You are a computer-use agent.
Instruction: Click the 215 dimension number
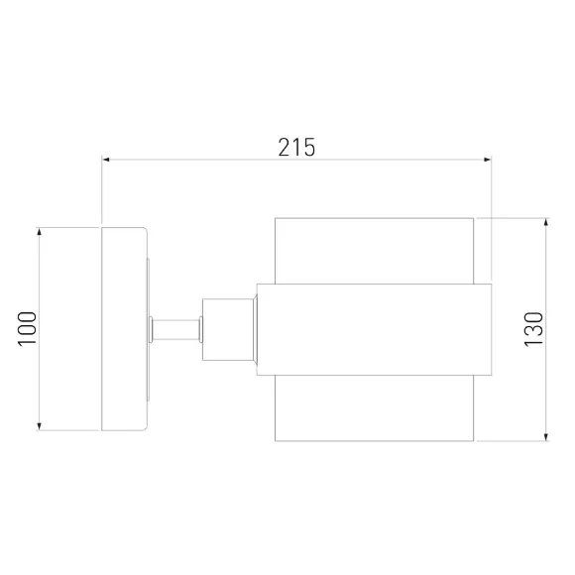pos(296,147)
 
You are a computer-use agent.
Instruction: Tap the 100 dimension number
pos(27,328)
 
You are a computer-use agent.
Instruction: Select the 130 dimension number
pos(533,329)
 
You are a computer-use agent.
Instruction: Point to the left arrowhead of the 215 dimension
pos(106,160)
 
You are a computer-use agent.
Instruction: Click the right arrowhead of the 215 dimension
pos(488,160)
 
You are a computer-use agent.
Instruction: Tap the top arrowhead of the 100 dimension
pos(40,231)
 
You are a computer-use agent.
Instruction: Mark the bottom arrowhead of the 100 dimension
pos(40,426)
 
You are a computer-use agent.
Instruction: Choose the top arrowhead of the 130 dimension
pos(546,222)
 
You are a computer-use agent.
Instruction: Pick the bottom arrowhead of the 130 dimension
pos(546,437)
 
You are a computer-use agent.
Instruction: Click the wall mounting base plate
pos(124,329)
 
